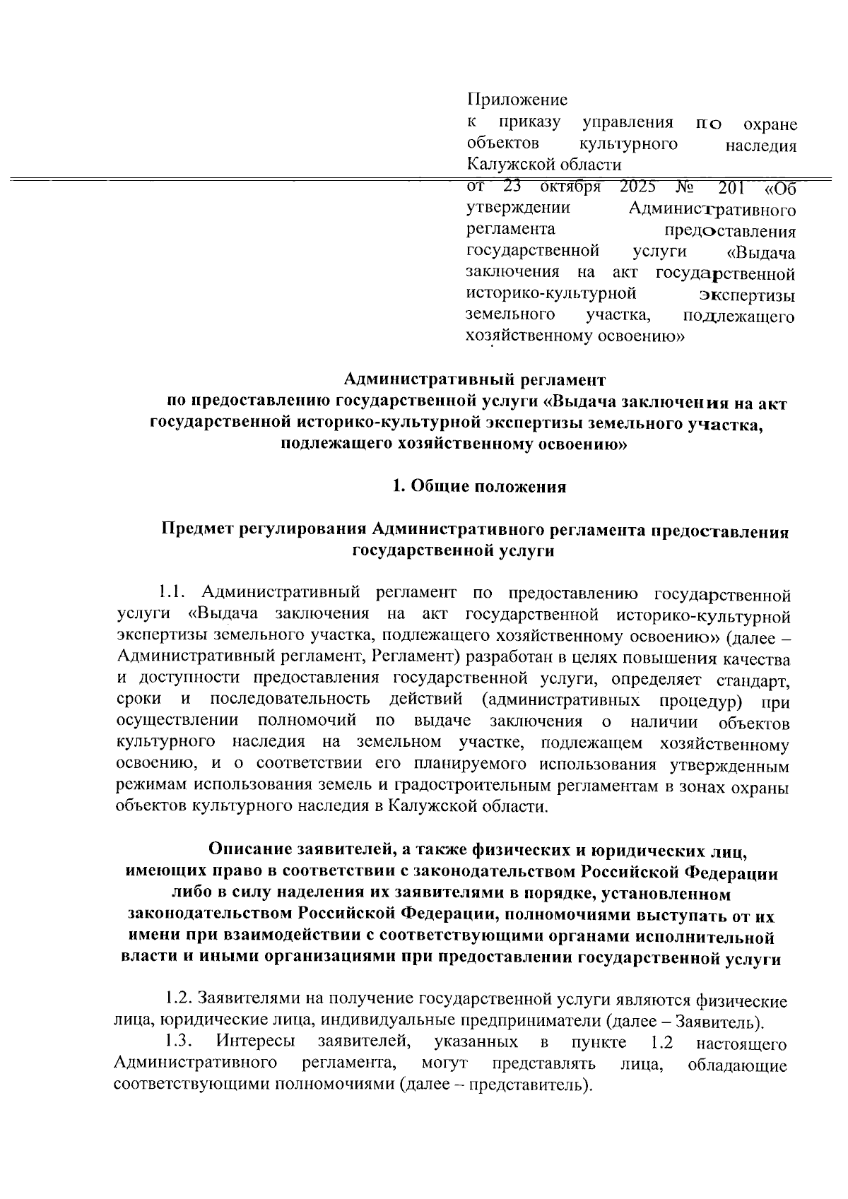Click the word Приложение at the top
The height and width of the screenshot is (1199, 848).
click(518, 100)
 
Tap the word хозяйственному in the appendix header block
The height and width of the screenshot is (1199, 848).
click(525, 336)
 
